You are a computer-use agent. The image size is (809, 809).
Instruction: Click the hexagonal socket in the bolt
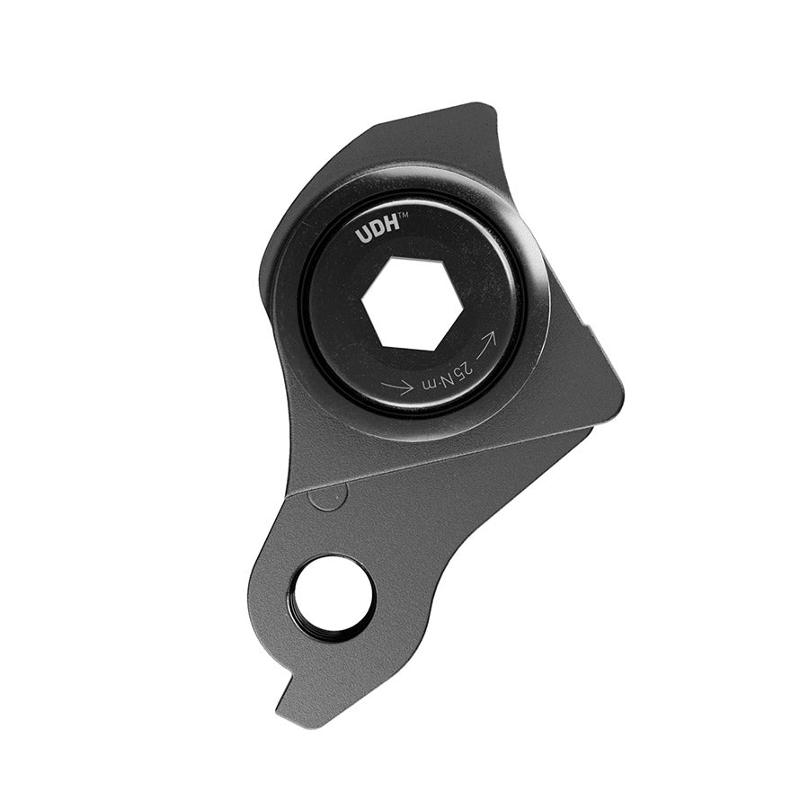click(413, 303)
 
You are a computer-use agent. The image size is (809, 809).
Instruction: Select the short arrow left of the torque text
click(397, 386)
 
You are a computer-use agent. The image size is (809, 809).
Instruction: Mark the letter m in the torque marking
click(429, 387)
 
